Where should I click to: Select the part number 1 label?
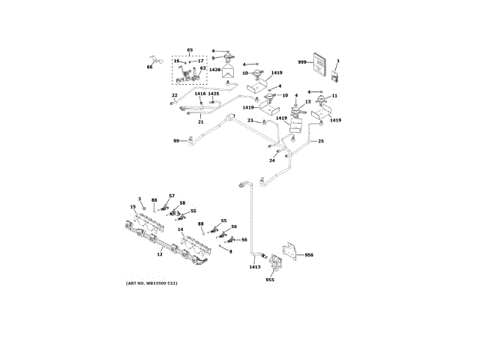pyautogui.click(x=337, y=60)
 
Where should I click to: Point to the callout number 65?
pyautogui.click(x=190, y=49)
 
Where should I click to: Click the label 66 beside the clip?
pyautogui.click(x=149, y=67)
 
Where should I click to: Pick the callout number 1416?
pyautogui.click(x=200, y=94)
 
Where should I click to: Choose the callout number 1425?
pyautogui.click(x=214, y=94)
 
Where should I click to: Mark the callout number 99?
pyautogui.click(x=176, y=140)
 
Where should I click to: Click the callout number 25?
pyautogui.click(x=321, y=141)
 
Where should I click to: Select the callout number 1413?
pyautogui.click(x=255, y=266)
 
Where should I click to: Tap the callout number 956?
pyautogui.click(x=309, y=255)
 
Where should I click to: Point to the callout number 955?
pyautogui.click(x=270, y=280)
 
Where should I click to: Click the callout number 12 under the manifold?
pyautogui.click(x=159, y=254)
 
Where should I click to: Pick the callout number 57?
pyautogui.click(x=171, y=195)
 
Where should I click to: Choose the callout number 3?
pyautogui.click(x=139, y=198)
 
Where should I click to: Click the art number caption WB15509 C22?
pyautogui.click(x=151, y=282)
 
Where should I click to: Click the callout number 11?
pyautogui.click(x=334, y=95)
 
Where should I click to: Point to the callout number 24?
pyautogui.click(x=272, y=160)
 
